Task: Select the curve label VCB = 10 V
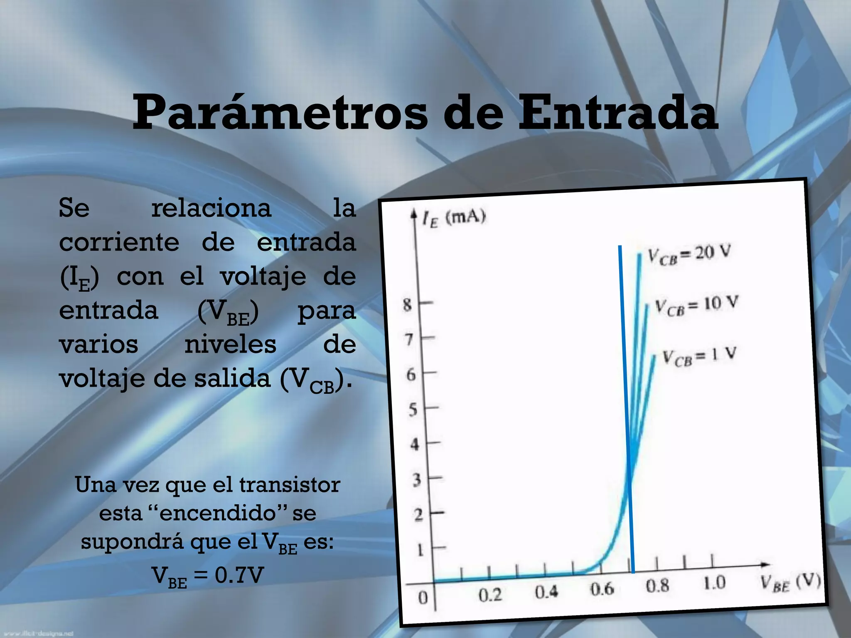coord(696,305)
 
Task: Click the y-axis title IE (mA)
coord(454,218)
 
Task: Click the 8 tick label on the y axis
coord(408,305)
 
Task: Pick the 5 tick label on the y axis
coord(412,410)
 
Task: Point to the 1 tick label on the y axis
coord(420,550)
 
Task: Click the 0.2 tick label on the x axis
coord(490,595)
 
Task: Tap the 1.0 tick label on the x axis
coord(714,584)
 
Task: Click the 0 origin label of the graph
coord(423,598)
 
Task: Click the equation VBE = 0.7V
coord(208,577)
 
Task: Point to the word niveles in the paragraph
coord(230,344)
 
